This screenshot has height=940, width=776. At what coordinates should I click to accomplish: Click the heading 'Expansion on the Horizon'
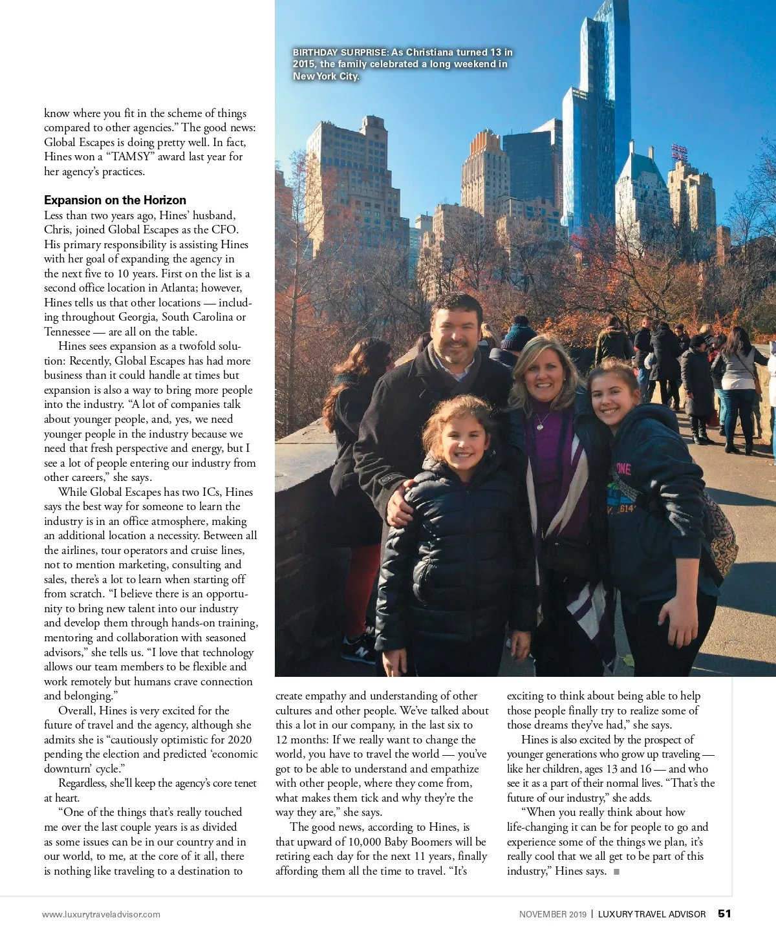[115, 200]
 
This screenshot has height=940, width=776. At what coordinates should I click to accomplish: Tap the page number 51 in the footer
[724, 913]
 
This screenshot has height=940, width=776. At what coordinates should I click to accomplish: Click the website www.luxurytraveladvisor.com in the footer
[101, 914]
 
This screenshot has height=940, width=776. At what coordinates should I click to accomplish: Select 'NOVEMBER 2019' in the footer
[552, 914]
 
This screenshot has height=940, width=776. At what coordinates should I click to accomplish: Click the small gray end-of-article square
[616, 871]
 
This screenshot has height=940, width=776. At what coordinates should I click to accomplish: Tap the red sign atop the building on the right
[679, 153]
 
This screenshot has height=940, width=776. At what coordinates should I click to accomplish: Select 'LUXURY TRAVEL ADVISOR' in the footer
[651, 914]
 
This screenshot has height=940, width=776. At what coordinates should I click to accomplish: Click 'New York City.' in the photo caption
[325, 76]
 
